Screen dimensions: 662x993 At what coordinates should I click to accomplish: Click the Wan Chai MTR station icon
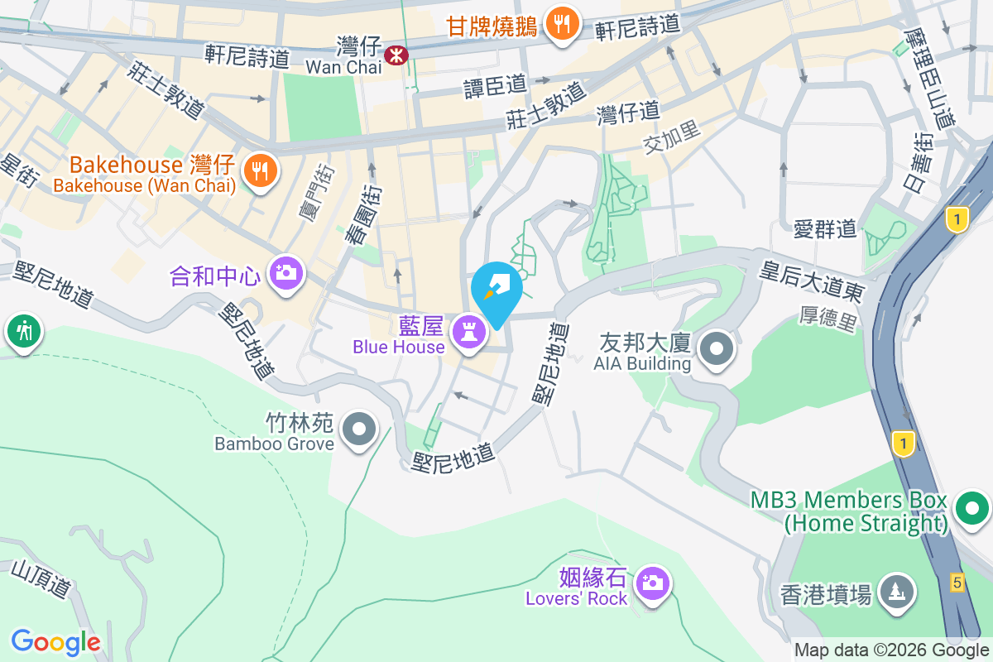pos(396,55)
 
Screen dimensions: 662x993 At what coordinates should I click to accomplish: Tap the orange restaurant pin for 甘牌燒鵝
pos(563,23)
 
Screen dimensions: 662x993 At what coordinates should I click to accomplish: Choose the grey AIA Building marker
pos(717,348)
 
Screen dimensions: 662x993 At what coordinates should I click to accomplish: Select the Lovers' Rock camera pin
pos(653,583)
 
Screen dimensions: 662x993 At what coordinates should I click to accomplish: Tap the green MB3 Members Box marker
pos(973,507)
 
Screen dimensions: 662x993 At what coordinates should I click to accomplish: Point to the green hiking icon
pos(24,331)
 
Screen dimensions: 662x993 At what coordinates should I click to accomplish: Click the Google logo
pos(55,642)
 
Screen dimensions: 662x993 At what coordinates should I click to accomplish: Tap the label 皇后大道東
pos(813,281)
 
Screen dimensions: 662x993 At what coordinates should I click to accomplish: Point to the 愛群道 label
pos(825,229)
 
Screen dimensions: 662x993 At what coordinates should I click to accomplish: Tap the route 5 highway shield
pos(957,583)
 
